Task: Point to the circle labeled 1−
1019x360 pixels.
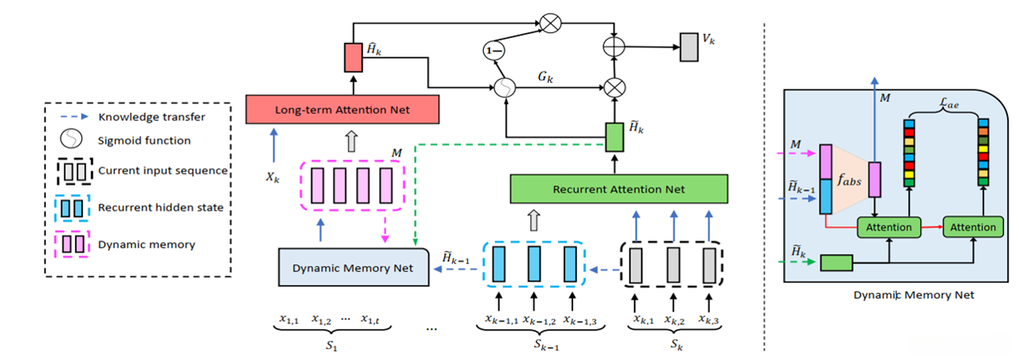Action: coord(494,52)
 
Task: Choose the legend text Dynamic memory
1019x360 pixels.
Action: coord(147,245)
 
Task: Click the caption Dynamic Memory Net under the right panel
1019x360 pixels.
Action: coord(902,295)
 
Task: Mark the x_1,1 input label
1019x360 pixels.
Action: coord(288,320)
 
